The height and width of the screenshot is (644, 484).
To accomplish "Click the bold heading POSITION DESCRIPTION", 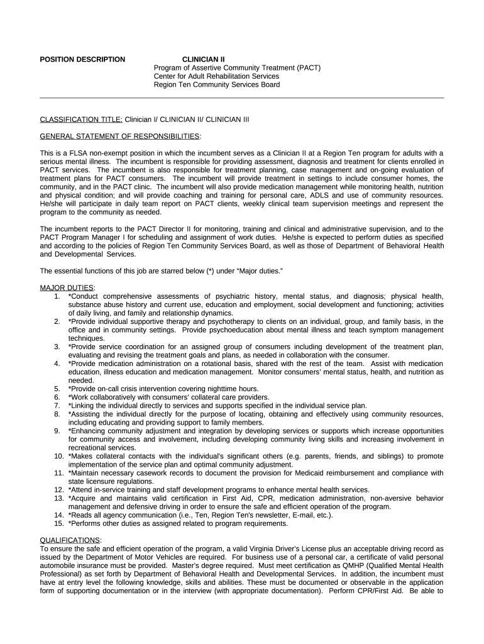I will (x=82, y=60).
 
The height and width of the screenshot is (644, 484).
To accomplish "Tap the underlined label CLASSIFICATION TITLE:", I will (x=81, y=119).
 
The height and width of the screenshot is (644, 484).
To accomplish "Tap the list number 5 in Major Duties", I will (x=57, y=389).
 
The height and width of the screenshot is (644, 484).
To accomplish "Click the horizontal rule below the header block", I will (x=242, y=98).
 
